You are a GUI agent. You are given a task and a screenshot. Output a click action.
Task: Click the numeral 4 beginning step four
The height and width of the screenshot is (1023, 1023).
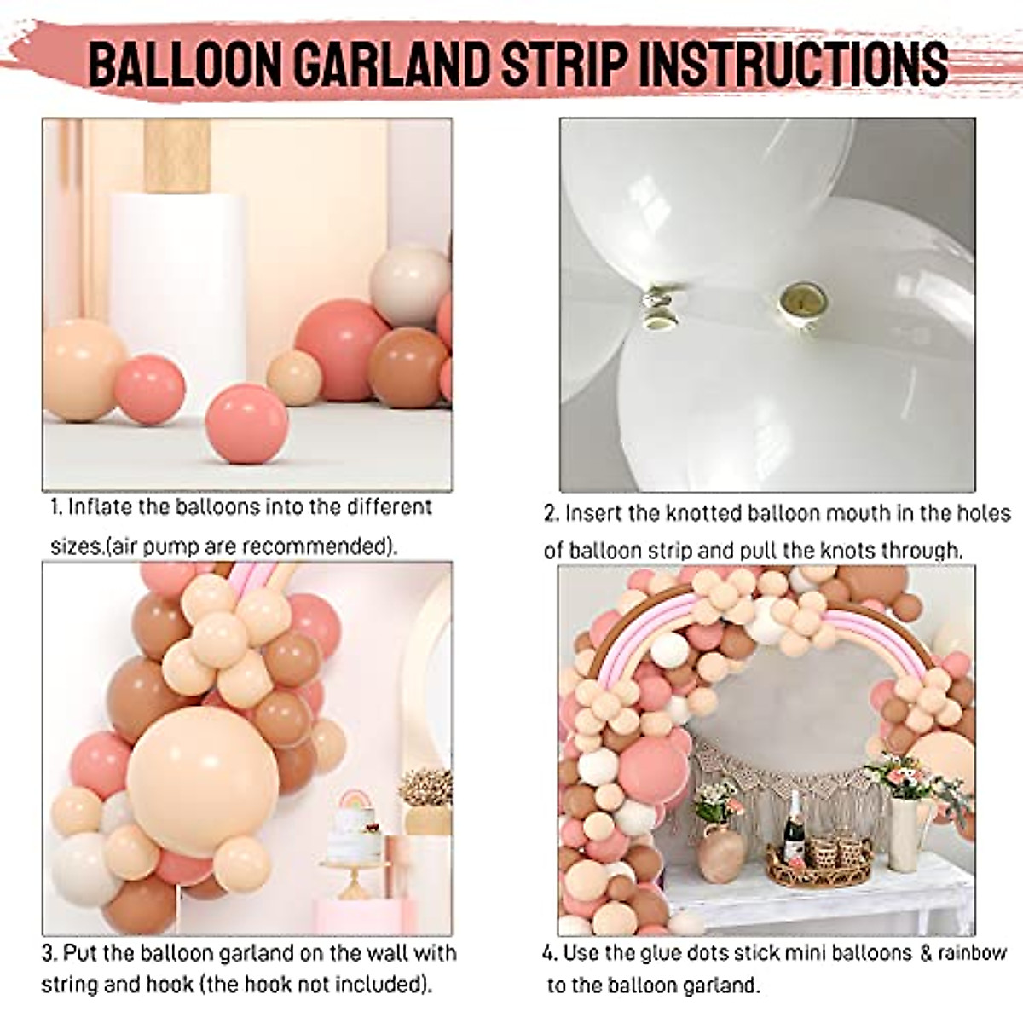point(549,953)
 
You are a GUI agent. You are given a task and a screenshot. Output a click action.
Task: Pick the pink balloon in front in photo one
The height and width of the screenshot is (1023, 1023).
point(248,423)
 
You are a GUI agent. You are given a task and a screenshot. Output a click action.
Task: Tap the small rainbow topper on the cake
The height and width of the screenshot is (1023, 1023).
point(353,801)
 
